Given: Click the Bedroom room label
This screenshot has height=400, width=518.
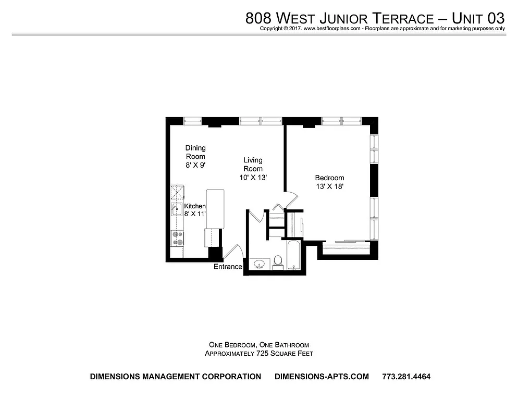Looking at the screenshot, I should pyautogui.click(x=329, y=178).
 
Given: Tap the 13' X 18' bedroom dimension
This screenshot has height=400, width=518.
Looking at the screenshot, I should pyautogui.click(x=329, y=186).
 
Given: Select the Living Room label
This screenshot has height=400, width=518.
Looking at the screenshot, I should pyautogui.click(x=253, y=164).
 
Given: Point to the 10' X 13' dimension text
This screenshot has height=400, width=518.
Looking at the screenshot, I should pyautogui.click(x=253, y=177).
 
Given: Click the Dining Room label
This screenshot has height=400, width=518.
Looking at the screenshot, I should pyautogui.click(x=195, y=152).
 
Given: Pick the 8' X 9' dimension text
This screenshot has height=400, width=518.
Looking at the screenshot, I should pyautogui.click(x=195, y=165).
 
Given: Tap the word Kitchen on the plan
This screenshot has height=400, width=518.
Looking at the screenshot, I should pyautogui.click(x=194, y=206).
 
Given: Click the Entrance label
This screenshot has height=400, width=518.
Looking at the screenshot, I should pyautogui.click(x=228, y=267).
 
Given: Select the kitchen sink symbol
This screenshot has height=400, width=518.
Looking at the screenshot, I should pyautogui.click(x=177, y=210).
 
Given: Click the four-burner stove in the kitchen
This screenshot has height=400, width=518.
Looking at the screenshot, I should pyautogui.click(x=178, y=238).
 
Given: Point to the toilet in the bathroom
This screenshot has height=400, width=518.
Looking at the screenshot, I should pyautogui.click(x=278, y=261).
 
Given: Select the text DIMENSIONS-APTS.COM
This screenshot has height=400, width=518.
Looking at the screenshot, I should pyautogui.click(x=321, y=377).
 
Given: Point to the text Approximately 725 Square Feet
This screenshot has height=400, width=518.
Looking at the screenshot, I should pyautogui.click(x=258, y=353).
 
